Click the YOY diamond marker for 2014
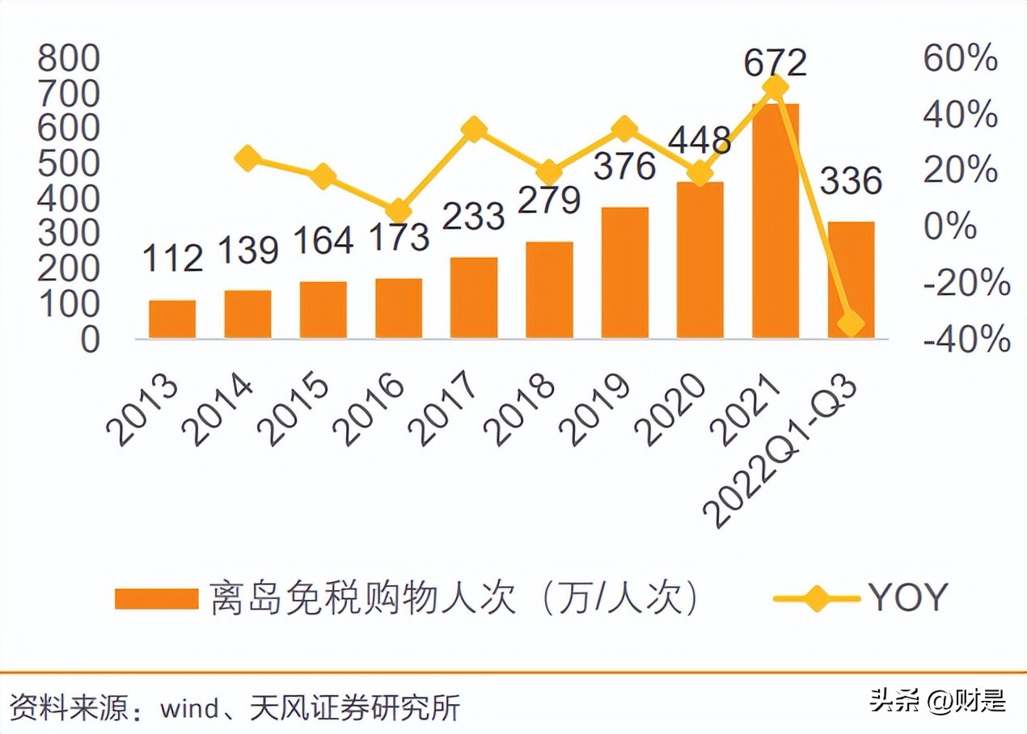pos(247,158)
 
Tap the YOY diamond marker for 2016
pos(399,212)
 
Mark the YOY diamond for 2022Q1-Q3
pos(851,324)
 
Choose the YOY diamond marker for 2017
pos(474,129)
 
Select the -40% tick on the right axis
pos(966,340)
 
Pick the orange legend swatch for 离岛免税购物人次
pos(156,599)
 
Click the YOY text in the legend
pos(907,598)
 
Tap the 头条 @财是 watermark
pos(937,701)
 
